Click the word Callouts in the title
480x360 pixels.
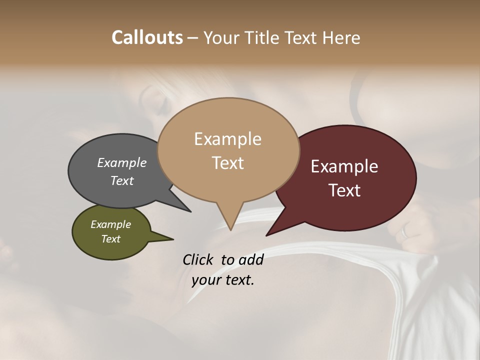(x=147, y=37)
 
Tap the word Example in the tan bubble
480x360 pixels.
(x=227, y=139)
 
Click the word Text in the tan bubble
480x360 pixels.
(x=227, y=163)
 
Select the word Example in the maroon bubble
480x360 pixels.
(x=344, y=166)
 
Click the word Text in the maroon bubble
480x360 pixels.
(x=344, y=190)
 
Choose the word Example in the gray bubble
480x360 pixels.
(x=122, y=162)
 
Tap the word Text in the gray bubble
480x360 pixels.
(x=122, y=181)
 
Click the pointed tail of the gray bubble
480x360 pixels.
(x=190, y=211)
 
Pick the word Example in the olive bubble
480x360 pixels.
(x=110, y=224)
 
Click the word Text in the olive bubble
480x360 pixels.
(x=110, y=239)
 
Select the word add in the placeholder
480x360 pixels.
(x=250, y=259)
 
